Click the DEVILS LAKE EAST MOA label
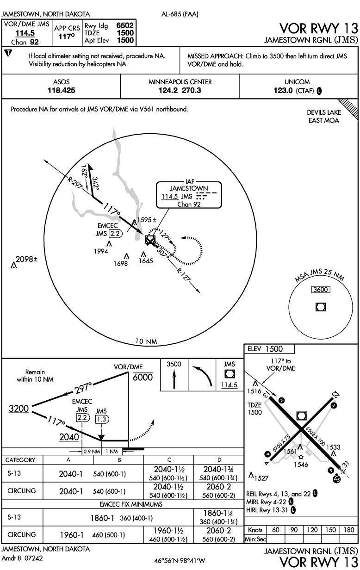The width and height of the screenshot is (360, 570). pyautogui.click(x=323, y=117)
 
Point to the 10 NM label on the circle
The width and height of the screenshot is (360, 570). pyautogui.click(x=146, y=342)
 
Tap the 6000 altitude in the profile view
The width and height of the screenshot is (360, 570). pyautogui.click(x=143, y=378)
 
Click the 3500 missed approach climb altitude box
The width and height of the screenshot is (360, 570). pyautogui.click(x=174, y=365)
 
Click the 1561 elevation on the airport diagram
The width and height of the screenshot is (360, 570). pyautogui.click(x=290, y=451)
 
